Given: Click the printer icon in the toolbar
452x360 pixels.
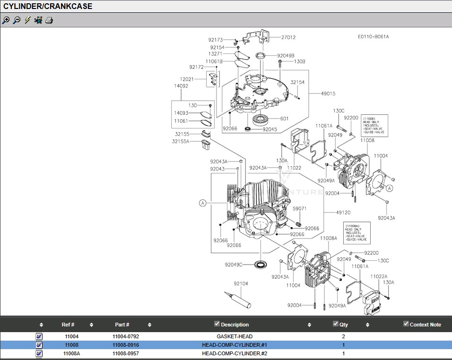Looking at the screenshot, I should [x=49, y=20].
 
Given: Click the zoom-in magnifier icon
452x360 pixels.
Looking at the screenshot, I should [x=6, y=20].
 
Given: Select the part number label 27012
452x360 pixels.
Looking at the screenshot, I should [x=288, y=37].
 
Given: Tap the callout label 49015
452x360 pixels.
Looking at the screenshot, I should [x=328, y=94].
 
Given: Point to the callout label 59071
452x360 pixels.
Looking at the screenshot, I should [x=299, y=208].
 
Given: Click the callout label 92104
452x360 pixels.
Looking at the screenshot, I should [x=241, y=283].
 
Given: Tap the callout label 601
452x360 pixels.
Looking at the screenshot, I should [x=284, y=119].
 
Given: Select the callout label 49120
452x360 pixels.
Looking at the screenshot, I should [x=343, y=213].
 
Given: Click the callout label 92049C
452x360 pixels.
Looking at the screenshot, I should [x=234, y=265].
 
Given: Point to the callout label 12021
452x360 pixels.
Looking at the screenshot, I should [x=187, y=79].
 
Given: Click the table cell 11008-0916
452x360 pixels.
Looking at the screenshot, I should [x=126, y=345].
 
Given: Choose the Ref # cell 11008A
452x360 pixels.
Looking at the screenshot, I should [x=71, y=353].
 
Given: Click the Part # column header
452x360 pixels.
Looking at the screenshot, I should [x=122, y=325].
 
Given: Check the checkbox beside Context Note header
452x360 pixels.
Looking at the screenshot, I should [x=406, y=324].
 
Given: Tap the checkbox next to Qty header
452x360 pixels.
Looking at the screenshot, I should [x=336, y=324].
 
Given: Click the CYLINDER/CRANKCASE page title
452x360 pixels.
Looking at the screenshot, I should [x=48, y=6].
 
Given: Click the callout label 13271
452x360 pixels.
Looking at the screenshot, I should [x=216, y=54].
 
